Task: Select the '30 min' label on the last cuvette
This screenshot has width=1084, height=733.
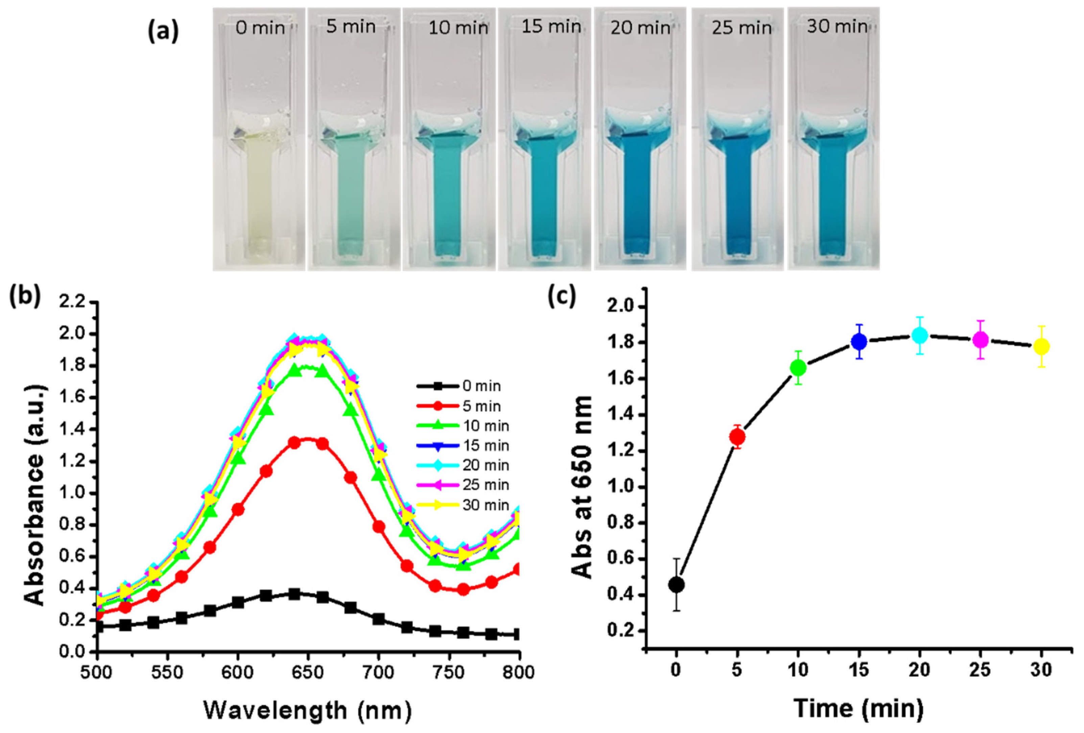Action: [x=837, y=27]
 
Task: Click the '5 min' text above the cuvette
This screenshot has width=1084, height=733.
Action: [x=351, y=27]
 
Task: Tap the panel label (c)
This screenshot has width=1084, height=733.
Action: [x=562, y=296]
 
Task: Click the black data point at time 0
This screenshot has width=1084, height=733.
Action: [x=676, y=585]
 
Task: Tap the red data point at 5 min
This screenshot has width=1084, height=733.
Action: [x=737, y=437]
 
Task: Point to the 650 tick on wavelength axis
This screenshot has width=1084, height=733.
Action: [x=307, y=672]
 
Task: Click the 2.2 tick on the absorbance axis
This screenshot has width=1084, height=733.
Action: [x=72, y=303]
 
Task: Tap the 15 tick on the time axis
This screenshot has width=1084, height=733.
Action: [x=859, y=670]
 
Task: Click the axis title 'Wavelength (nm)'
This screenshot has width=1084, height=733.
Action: [x=307, y=710]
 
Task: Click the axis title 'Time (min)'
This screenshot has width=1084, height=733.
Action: [x=858, y=708]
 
